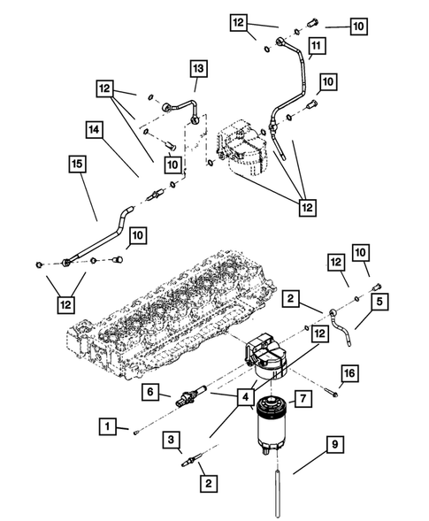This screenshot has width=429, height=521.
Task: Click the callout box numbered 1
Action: tap(107, 427)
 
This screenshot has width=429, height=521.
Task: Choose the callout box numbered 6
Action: tap(151, 390)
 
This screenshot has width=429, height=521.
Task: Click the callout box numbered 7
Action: tap(303, 399)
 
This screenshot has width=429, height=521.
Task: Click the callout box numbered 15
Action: tap(79, 165)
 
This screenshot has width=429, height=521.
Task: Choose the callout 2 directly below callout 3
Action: tap(206, 483)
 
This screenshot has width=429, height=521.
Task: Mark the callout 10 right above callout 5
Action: tap(361, 255)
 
